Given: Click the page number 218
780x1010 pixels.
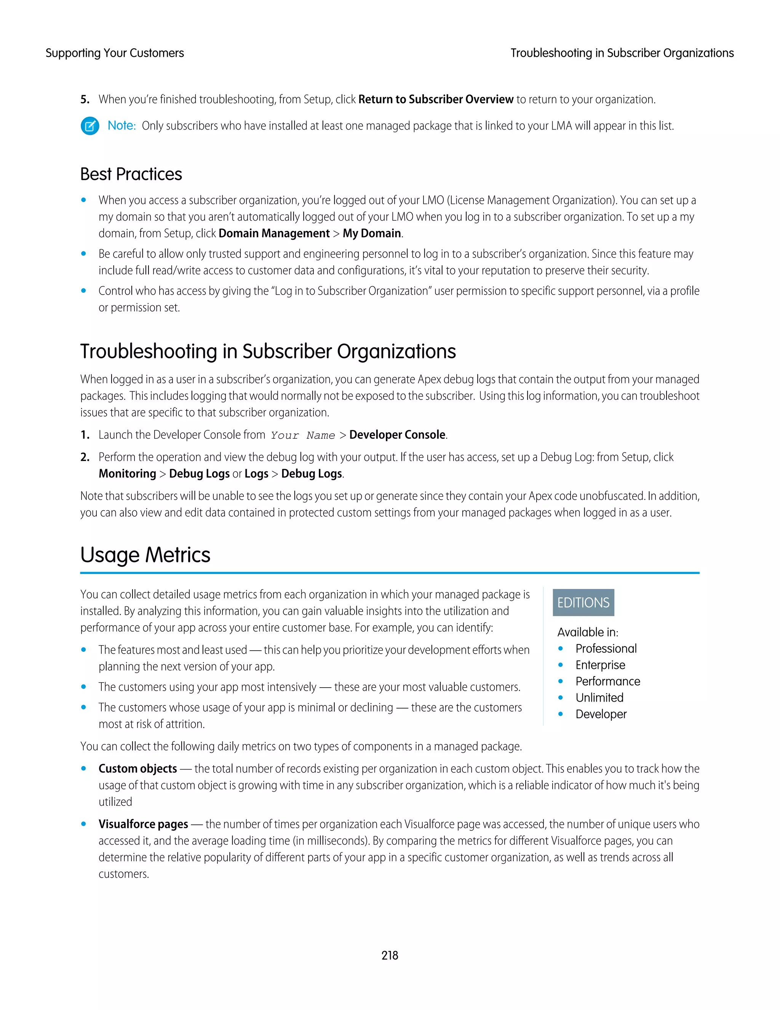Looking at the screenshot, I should (390, 955).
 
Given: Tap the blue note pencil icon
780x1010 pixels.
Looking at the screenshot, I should (90, 126).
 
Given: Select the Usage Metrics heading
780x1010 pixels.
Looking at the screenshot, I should (145, 555).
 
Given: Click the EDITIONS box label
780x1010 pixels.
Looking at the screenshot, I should (583, 603).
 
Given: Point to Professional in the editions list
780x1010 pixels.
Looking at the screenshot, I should (606, 648).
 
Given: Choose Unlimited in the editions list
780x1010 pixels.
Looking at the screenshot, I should (599, 697).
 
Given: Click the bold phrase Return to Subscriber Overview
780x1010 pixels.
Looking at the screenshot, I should (436, 99).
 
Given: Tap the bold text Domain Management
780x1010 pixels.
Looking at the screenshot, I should (274, 234).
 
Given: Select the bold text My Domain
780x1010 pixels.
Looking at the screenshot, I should (371, 234).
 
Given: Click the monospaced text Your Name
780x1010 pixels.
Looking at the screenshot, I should (303, 435).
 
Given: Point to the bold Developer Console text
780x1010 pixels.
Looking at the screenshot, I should (397, 435).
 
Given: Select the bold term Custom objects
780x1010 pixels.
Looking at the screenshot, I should (138, 769).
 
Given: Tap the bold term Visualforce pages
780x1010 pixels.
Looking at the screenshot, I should (143, 824).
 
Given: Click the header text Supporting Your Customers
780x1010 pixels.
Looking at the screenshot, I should (115, 53).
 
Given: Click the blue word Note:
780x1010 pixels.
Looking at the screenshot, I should (121, 126).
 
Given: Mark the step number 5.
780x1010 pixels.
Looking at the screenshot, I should (85, 99).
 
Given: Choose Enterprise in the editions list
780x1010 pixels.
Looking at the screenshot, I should (600, 665).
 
